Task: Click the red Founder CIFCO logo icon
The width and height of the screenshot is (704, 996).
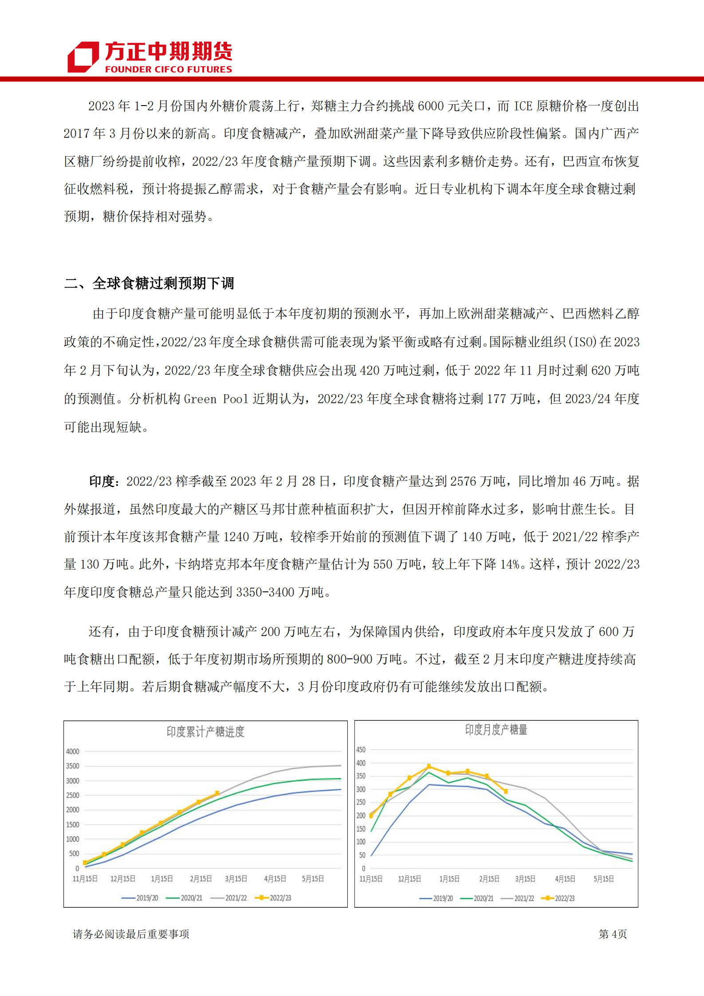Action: [x=83, y=57]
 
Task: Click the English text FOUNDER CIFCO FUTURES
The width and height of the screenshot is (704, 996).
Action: [x=169, y=70]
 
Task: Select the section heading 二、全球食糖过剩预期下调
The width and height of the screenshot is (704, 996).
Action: [x=149, y=283]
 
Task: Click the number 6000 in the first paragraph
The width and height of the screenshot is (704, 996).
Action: [x=431, y=106]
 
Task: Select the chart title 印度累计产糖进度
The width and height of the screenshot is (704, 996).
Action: [x=205, y=732]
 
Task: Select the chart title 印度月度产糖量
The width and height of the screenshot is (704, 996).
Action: [x=496, y=730]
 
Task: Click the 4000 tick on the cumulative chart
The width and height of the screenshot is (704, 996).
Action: [x=73, y=752]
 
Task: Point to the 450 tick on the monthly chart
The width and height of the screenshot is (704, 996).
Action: [x=361, y=750]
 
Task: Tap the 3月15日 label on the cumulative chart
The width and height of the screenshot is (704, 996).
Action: [x=236, y=878]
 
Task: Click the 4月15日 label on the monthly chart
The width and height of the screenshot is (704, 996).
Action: [x=565, y=879]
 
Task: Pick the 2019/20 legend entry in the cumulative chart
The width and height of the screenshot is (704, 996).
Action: [x=140, y=898]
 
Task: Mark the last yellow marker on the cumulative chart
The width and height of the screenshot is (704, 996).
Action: [x=217, y=793]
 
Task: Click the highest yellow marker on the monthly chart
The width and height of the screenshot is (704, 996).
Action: [x=429, y=766]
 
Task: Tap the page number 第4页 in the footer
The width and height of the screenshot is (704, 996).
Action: [x=613, y=934]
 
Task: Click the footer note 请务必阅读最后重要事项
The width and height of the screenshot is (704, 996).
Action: [x=131, y=934]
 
